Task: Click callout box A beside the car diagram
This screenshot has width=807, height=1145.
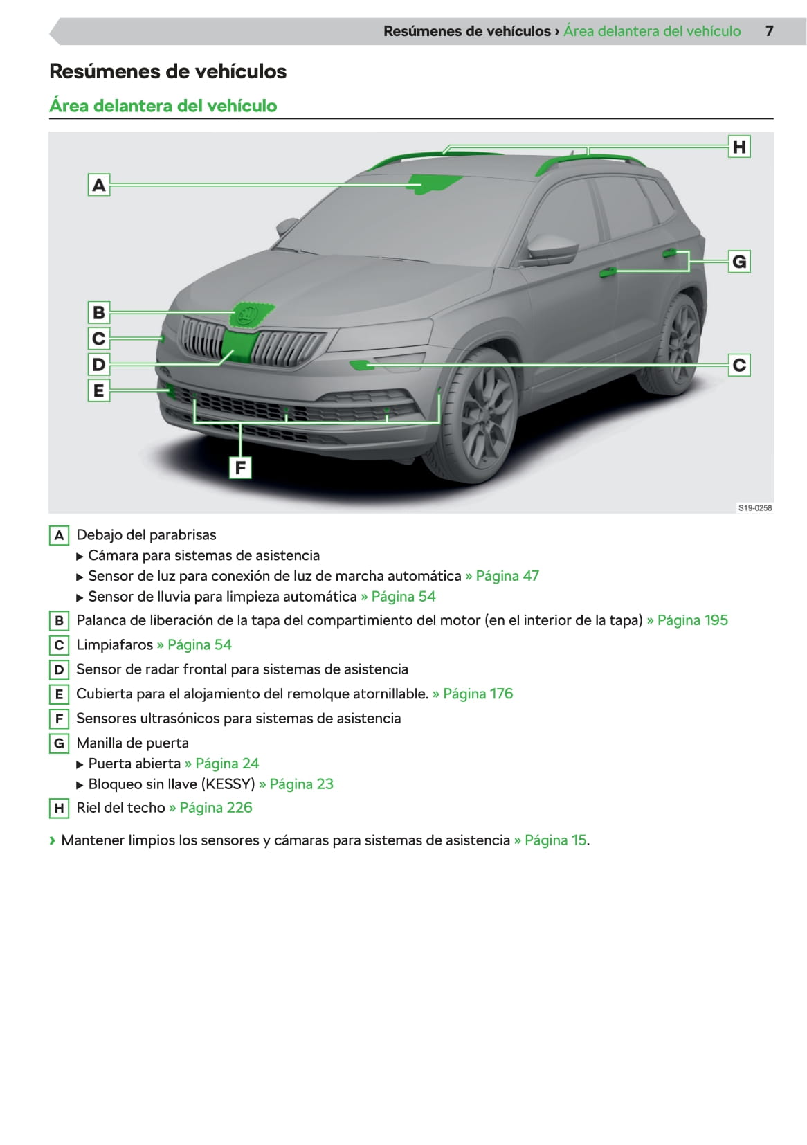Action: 99,185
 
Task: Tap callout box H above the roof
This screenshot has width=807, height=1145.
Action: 739,147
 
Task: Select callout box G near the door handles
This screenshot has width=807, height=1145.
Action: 739,262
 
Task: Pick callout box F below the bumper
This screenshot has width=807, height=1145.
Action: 240,467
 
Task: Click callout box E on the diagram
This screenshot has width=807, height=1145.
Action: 99,390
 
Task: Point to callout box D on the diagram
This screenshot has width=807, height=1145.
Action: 99,364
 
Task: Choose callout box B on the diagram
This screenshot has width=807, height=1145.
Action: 99,312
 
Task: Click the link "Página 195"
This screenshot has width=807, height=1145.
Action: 692,620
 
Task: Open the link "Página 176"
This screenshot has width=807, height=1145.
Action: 478,694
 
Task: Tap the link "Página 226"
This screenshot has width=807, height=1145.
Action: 215,808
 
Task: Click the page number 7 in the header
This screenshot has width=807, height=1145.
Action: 769,31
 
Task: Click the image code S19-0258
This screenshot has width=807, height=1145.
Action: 754,507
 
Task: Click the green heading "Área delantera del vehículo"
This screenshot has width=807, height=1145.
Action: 163,106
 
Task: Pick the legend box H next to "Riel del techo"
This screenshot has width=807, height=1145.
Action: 59,808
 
